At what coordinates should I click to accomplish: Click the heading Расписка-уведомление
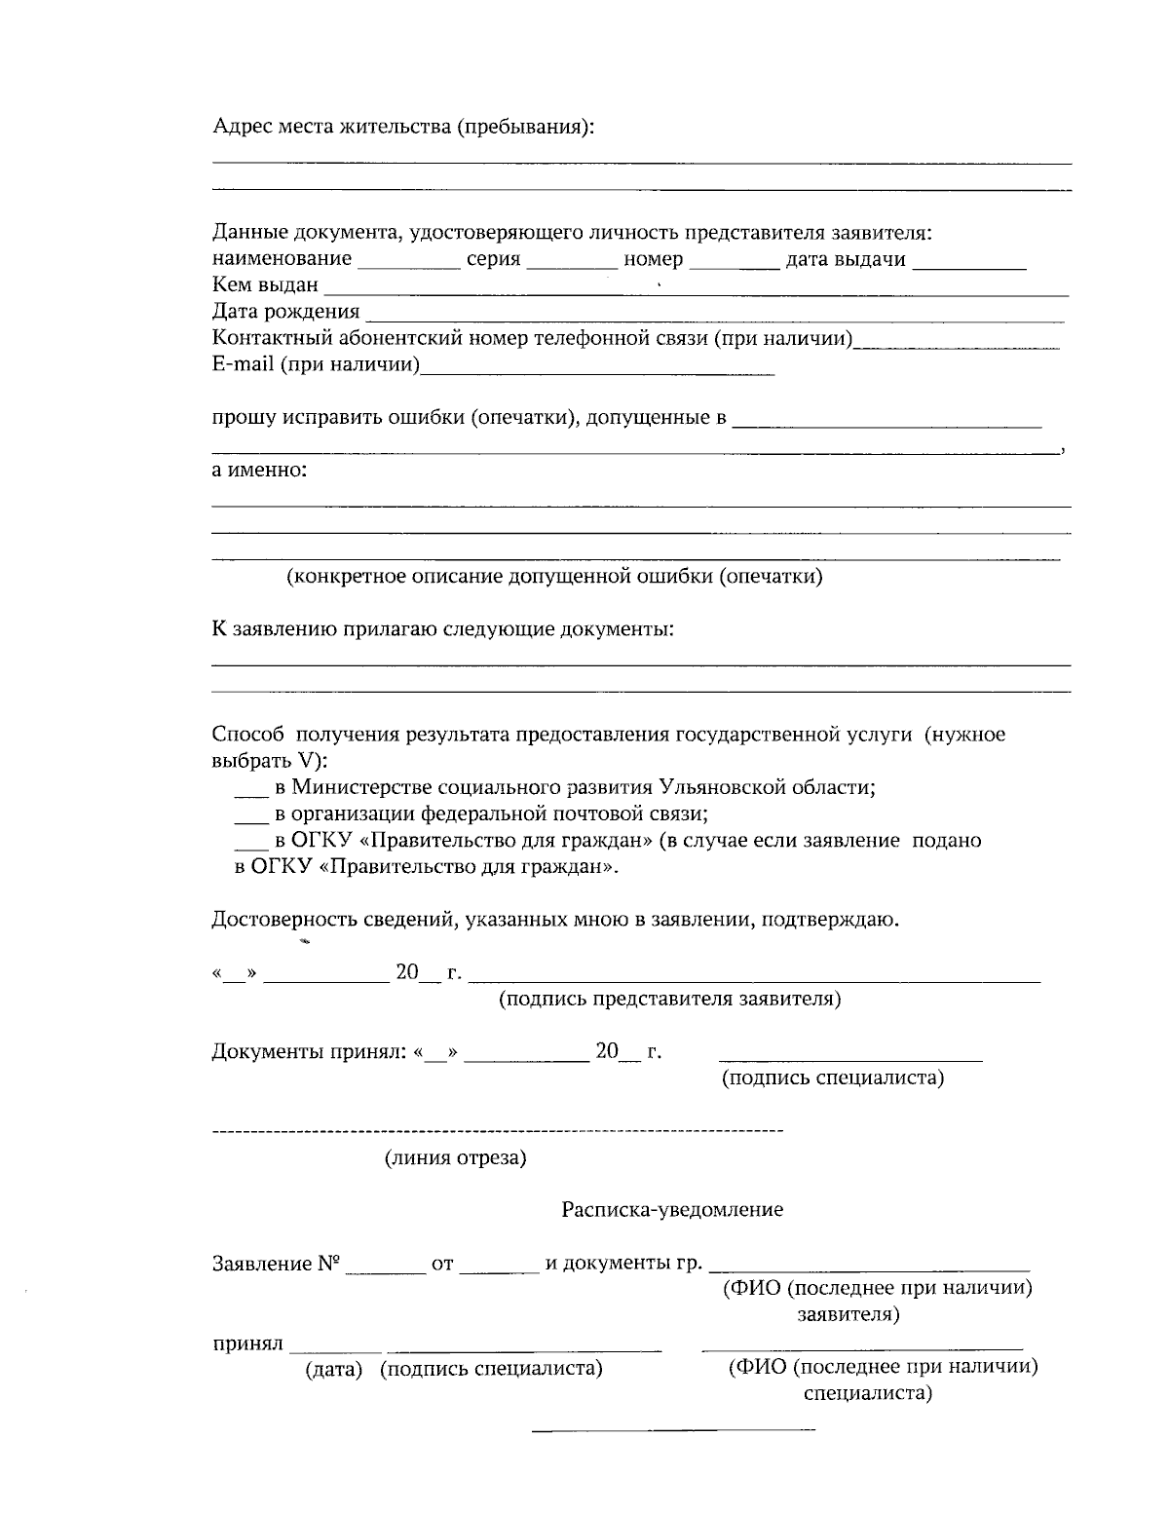[x=672, y=1210]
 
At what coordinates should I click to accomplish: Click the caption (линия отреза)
[x=455, y=1158]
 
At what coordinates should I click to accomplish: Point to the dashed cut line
[x=497, y=1131]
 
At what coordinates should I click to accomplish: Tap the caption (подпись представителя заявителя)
[x=670, y=1000]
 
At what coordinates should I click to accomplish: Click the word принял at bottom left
[x=247, y=1344]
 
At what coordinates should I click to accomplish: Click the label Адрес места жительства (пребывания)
[x=402, y=128]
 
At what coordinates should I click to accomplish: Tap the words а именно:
[x=259, y=471]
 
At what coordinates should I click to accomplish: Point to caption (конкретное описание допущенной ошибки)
[x=553, y=577]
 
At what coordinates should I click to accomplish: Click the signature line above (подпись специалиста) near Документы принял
[x=849, y=1059]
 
